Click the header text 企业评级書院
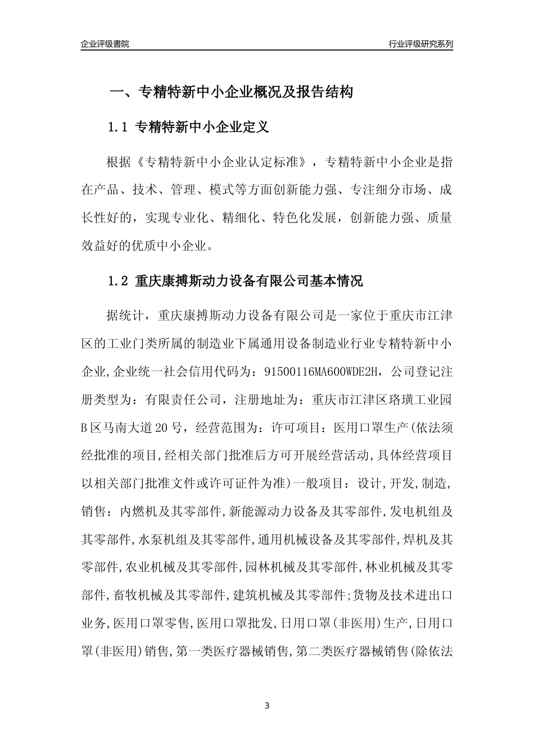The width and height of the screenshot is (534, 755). (x=105, y=44)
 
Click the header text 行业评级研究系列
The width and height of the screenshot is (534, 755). (x=420, y=44)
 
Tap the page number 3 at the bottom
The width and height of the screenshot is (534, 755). (x=267, y=706)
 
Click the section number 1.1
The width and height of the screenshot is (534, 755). (x=118, y=128)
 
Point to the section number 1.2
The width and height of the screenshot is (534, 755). (x=118, y=281)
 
